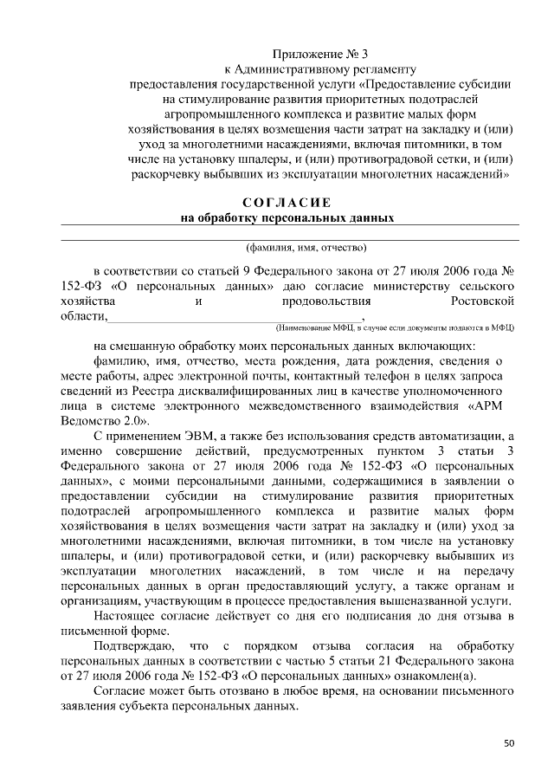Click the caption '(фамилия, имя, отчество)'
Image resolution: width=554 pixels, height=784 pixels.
[306, 245]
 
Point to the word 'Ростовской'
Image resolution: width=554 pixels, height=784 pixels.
[483, 301]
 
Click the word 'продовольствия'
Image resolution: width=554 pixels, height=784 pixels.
[326, 301]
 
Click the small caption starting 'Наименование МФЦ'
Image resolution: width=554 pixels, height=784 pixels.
[395, 328]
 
